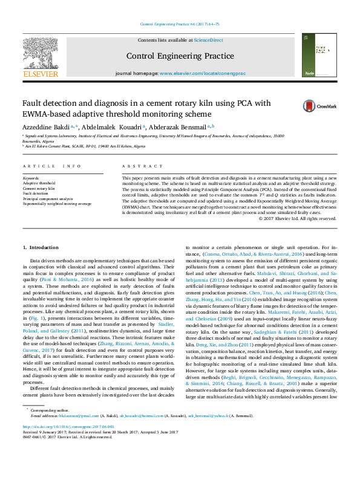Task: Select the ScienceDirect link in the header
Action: pyautogui.click(x=208, y=40)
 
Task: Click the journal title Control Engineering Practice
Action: pyautogui.click(x=180, y=56)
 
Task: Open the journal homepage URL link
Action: pyautogui.click(x=202, y=73)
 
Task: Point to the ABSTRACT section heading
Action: pyautogui.click(x=134, y=166)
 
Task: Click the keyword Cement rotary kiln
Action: pyautogui.click(x=39, y=189)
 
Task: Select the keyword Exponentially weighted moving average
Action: pyautogui.click(x=57, y=204)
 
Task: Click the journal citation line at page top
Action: pyautogui.click(x=180, y=24)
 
